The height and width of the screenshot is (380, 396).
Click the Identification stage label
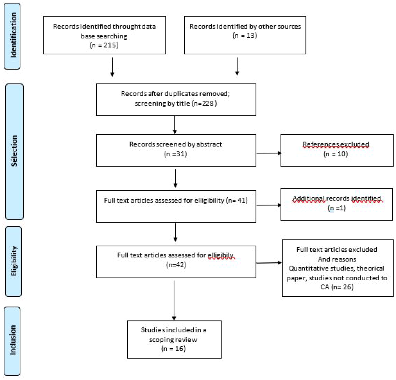(13, 35)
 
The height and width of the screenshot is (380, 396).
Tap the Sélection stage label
(14, 151)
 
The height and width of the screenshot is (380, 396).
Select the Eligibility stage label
(14, 261)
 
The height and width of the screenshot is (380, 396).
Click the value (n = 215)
(104, 45)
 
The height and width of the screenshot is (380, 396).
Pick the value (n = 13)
(245, 35)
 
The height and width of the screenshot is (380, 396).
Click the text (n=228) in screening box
(205, 103)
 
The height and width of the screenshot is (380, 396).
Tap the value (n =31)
(176, 154)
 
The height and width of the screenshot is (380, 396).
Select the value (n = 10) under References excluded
(336, 154)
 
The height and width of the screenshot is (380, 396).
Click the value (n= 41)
(237, 200)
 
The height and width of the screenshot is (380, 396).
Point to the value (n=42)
(176, 265)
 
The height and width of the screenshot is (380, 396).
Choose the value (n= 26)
(343, 287)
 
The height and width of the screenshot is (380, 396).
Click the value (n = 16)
(173, 349)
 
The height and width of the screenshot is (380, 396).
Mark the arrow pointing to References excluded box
(269, 153)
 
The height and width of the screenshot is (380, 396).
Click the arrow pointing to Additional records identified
(269, 205)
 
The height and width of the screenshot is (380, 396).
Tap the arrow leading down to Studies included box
(174, 300)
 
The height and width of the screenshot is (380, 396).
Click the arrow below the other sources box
(237, 66)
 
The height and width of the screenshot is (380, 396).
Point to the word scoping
(161, 340)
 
